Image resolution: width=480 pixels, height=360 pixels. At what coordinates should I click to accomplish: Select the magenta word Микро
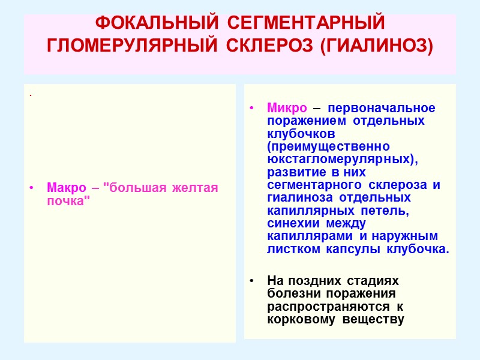[x=287, y=109]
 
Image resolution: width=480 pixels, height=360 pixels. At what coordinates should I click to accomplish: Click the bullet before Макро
[x=31, y=188]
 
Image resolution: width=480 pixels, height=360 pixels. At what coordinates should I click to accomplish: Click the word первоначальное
[x=382, y=109]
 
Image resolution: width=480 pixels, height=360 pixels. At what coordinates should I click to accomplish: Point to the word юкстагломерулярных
[x=340, y=159]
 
